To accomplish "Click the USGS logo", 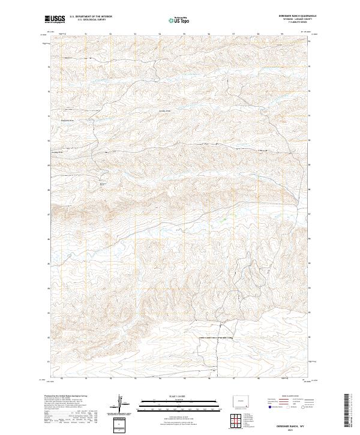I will tap(55, 19).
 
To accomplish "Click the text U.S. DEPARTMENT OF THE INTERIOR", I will tap(91, 17).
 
